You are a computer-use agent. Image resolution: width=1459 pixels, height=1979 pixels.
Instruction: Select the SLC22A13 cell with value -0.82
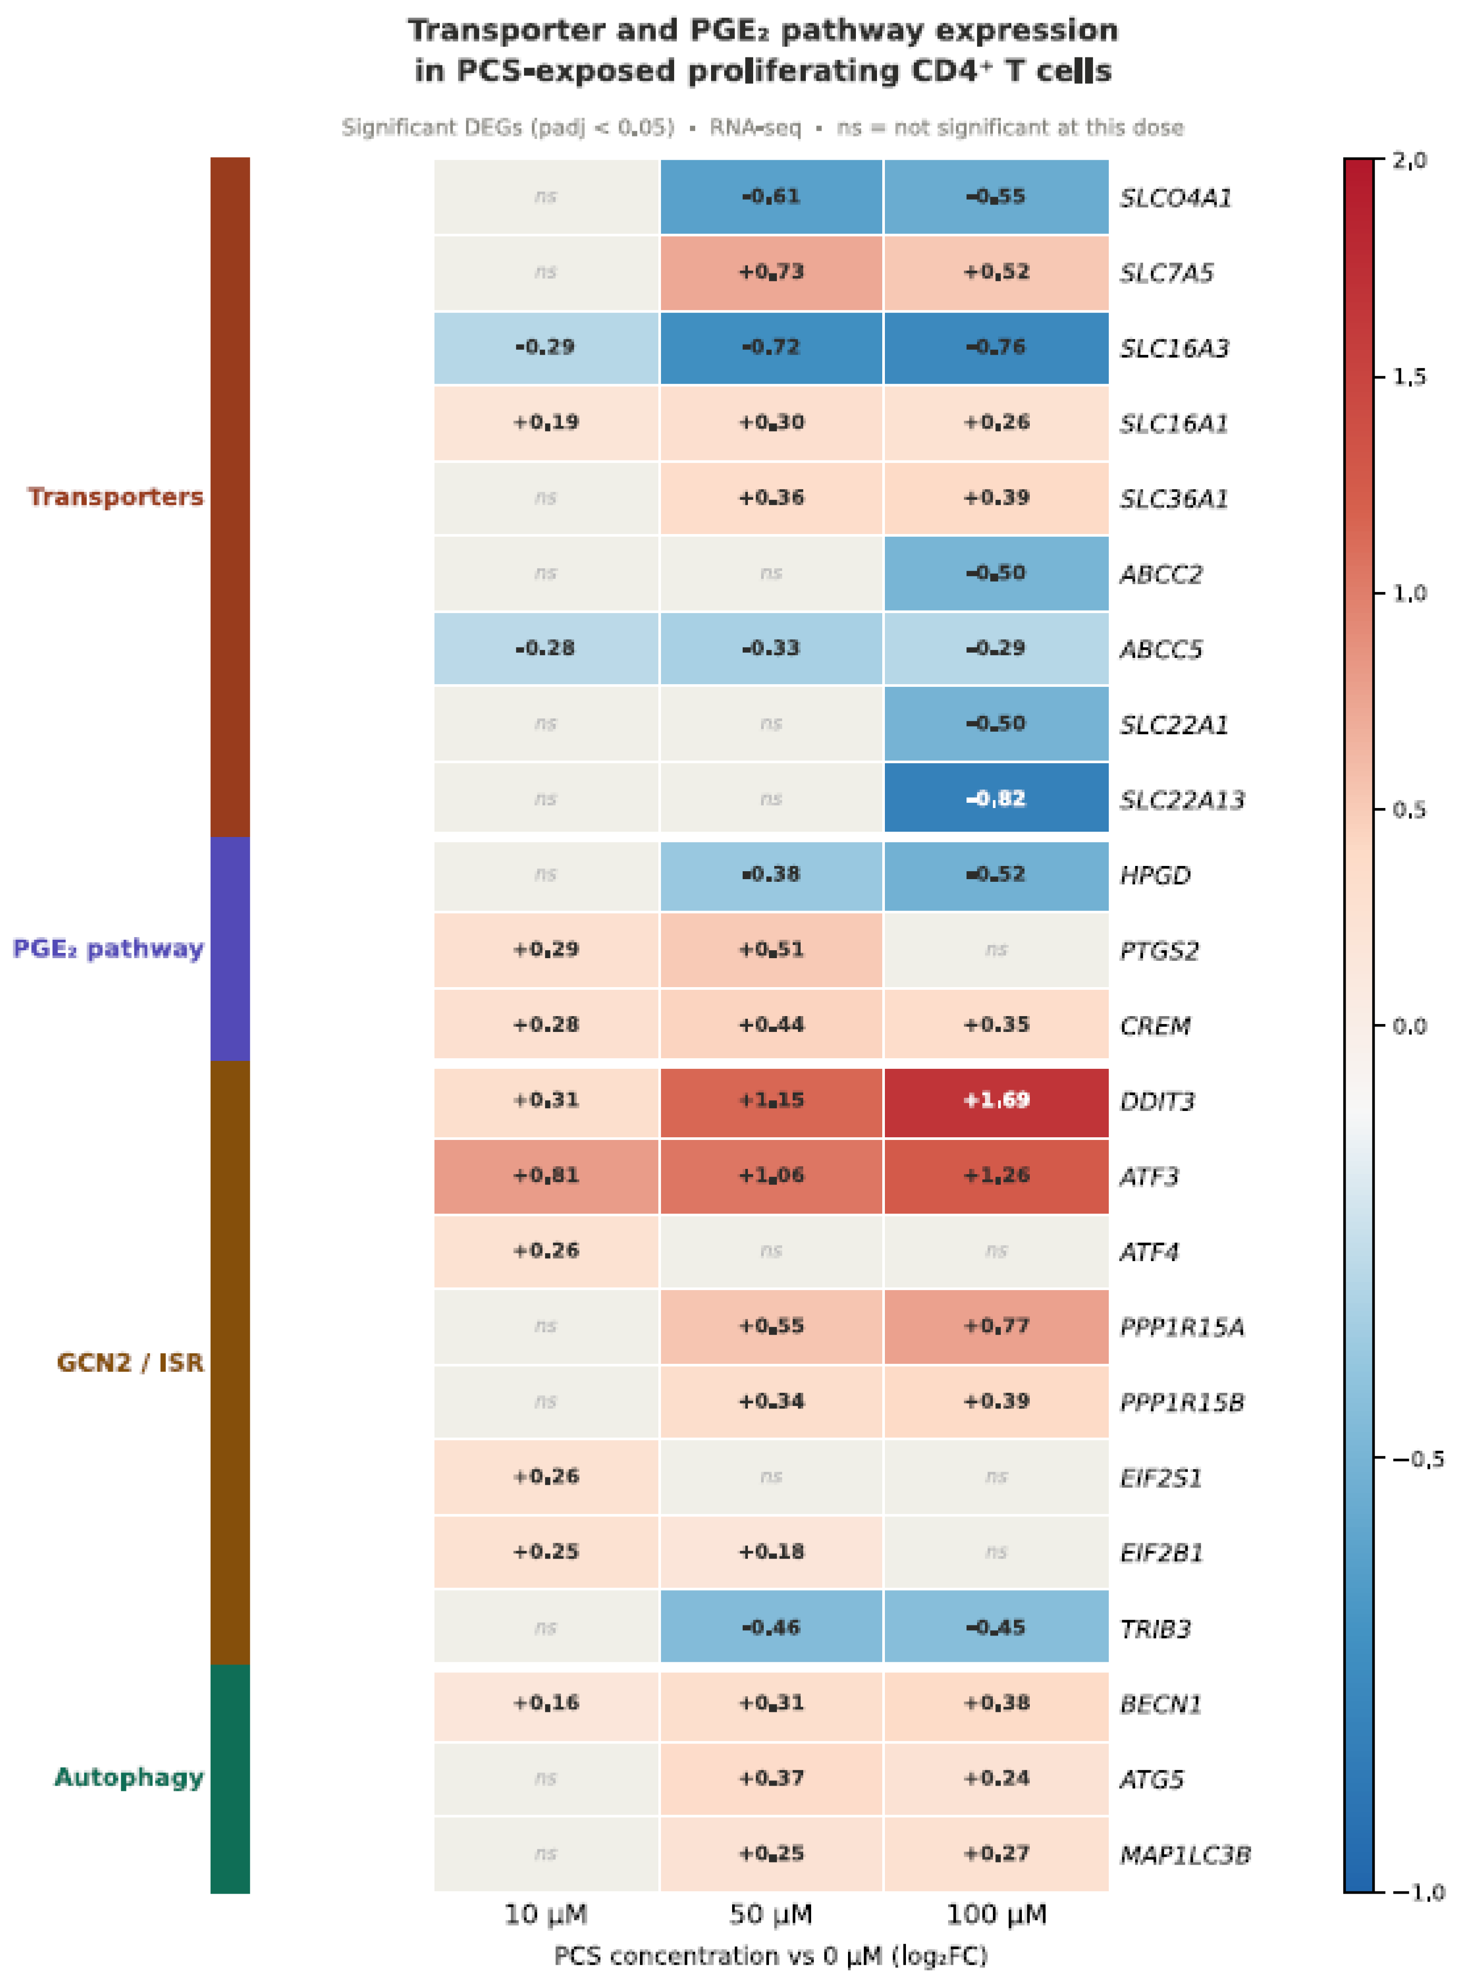(995, 799)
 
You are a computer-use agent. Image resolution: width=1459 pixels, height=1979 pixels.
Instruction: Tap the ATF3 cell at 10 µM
(546, 1175)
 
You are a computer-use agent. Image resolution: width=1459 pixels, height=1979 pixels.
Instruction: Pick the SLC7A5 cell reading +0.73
(771, 272)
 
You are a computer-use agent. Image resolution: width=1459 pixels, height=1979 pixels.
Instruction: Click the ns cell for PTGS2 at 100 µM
(995, 949)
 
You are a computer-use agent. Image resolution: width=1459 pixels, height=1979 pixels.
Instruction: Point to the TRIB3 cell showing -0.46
(771, 1627)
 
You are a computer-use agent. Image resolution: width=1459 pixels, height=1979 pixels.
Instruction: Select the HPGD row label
(1155, 875)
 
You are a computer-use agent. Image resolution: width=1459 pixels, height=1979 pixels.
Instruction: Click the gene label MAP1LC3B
(1185, 1855)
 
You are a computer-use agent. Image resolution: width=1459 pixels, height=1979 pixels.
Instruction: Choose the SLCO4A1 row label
(1175, 198)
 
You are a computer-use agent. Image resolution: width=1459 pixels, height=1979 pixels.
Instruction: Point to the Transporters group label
(115, 497)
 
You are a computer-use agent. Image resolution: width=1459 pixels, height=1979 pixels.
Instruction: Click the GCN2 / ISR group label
(130, 1363)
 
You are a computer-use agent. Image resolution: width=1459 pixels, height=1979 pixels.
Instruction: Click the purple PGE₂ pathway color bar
(230, 949)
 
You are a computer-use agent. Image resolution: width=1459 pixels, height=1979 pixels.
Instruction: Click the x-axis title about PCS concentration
(771, 1956)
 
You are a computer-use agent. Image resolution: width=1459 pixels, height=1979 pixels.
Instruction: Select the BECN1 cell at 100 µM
(995, 1702)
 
